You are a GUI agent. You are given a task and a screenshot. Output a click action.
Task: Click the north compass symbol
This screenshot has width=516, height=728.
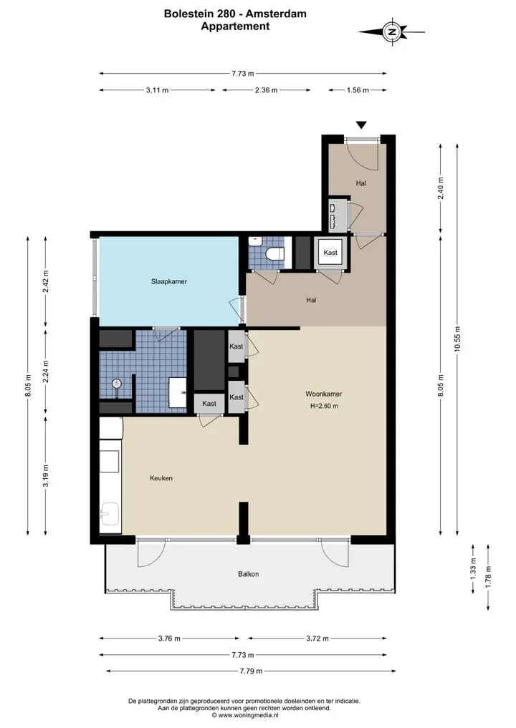(392, 32)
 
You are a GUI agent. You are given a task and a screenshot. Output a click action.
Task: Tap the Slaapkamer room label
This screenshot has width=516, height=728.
(168, 281)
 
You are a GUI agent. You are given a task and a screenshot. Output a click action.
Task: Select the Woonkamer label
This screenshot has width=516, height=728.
(323, 394)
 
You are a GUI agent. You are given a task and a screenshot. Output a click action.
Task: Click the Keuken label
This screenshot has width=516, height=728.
(161, 477)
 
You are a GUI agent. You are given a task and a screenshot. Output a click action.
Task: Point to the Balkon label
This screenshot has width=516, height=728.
(248, 574)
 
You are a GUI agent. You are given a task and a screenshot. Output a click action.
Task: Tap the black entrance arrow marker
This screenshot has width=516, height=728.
(361, 125)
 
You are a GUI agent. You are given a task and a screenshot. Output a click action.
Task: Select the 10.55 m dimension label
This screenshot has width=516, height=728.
(457, 339)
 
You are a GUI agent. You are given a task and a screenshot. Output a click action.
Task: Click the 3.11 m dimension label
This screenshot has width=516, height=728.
(157, 90)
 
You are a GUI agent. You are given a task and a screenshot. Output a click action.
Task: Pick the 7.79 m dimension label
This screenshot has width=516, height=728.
(251, 671)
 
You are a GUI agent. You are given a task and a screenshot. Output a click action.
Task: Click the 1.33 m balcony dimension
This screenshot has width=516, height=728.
(473, 568)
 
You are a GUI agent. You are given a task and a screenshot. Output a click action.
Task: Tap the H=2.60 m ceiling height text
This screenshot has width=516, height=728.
(324, 406)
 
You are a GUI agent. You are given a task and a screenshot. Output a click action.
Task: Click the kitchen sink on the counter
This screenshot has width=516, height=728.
(110, 514)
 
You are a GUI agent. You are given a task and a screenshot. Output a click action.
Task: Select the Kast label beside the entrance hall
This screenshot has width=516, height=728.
(330, 253)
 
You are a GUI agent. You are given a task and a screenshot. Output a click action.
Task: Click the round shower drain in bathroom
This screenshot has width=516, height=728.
(117, 384)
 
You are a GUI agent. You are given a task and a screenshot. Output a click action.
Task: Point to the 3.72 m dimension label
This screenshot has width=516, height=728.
(317, 639)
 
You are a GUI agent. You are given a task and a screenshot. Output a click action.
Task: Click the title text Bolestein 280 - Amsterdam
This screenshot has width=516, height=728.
(235, 14)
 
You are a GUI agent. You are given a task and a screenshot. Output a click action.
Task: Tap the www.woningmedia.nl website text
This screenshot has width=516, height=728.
(248, 715)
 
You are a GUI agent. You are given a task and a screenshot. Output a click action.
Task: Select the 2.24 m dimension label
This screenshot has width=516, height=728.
(46, 372)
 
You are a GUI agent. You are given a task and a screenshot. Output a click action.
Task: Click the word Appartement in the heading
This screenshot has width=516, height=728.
(235, 26)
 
